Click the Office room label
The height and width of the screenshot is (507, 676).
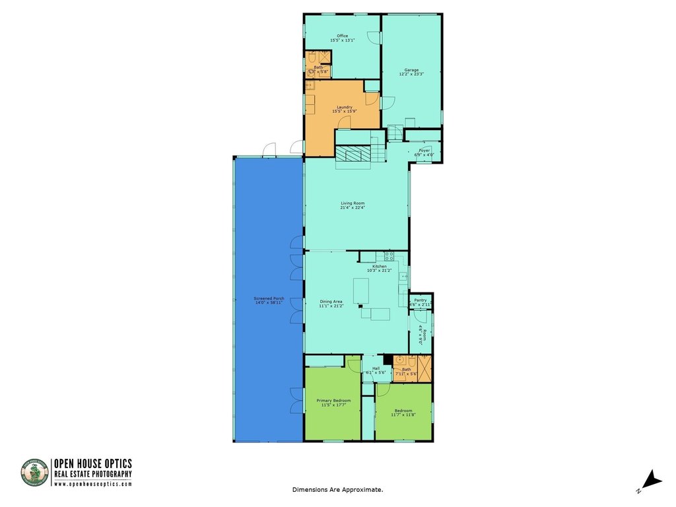342,36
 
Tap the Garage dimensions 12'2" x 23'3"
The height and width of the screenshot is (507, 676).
411,75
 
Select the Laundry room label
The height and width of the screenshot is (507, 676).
344,107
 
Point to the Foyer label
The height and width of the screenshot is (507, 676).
424,151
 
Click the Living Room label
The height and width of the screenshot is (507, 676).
353,203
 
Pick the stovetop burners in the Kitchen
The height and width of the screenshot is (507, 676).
389,255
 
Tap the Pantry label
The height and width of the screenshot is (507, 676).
421,300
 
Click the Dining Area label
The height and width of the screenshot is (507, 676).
331,302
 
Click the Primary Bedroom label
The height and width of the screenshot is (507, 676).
333,401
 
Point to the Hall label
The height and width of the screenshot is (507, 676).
376,368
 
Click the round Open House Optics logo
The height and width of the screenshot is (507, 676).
35,473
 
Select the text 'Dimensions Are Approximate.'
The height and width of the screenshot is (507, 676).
337,490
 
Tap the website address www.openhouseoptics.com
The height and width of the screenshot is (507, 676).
92,484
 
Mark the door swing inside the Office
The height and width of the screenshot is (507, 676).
374,38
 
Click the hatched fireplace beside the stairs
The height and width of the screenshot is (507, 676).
353,154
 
